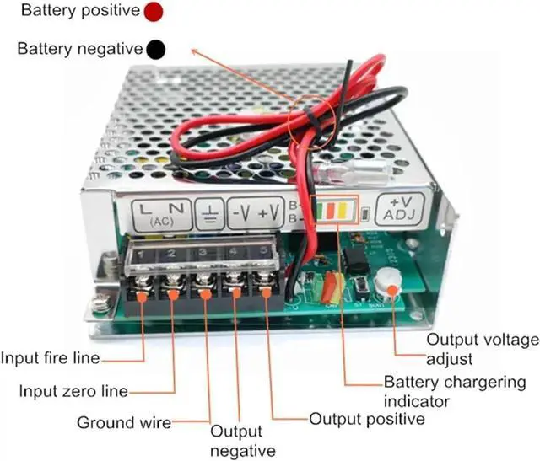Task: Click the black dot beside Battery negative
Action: [x=154, y=49]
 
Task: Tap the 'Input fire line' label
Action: [x=50, y=359]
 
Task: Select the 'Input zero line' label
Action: [x=73, y=391]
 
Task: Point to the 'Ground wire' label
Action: [x=124, y=421]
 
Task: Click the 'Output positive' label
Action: [x=367, y=418]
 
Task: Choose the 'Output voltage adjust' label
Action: [x=482, y=348]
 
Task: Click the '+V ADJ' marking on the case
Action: [x=393, y=207]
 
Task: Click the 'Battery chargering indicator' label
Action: [x=455, y=391]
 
